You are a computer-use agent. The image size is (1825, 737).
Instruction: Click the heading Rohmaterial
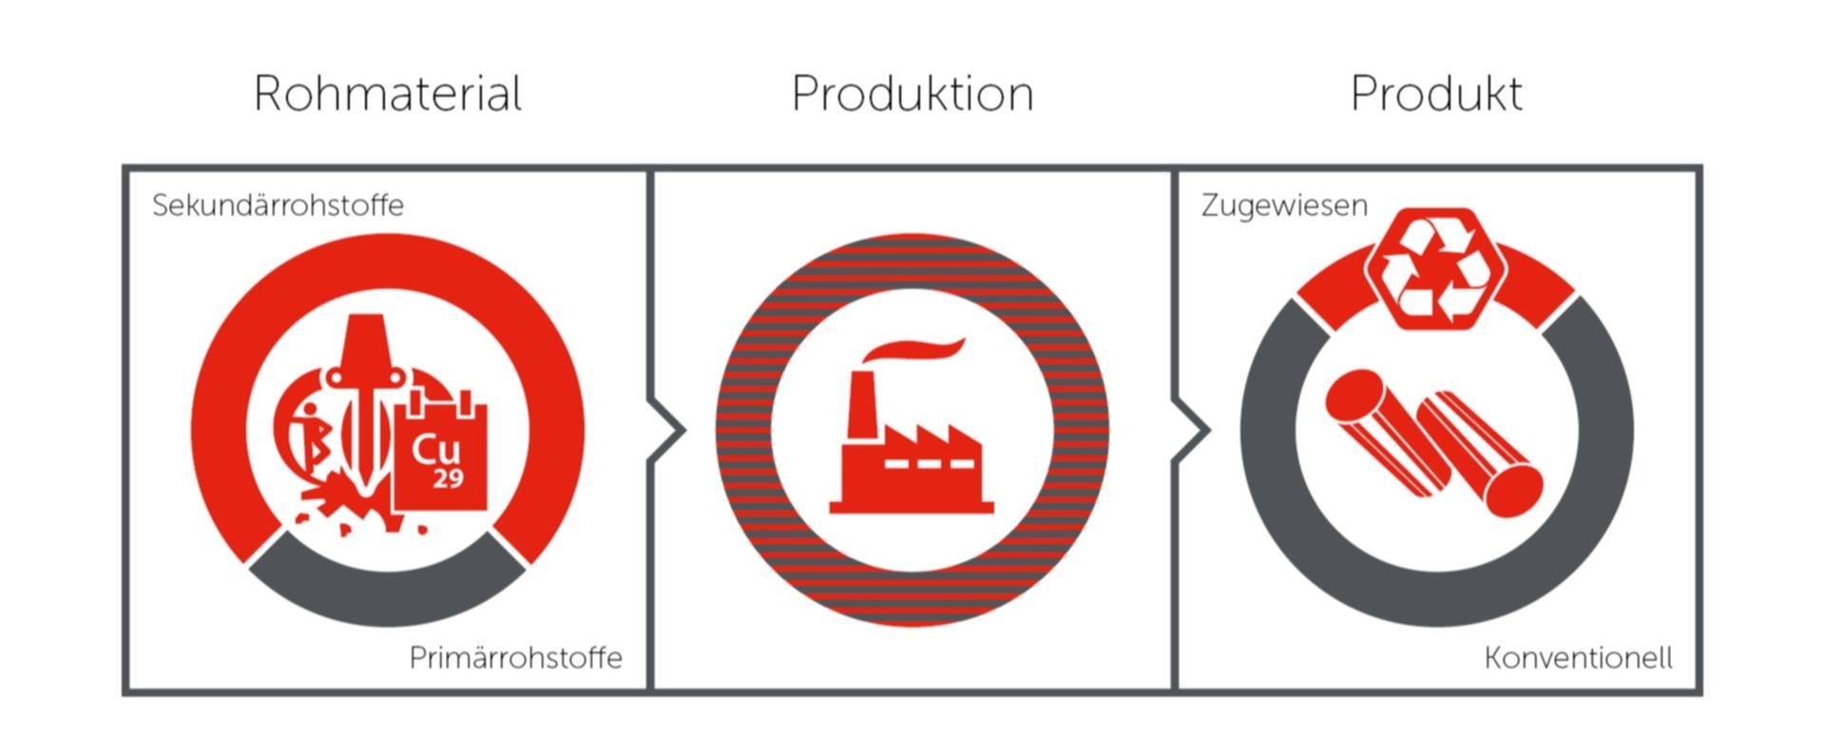(388, 94)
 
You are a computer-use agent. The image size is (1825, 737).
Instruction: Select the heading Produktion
(912, 94)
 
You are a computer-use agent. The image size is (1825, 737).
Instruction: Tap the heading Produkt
(1436, 94)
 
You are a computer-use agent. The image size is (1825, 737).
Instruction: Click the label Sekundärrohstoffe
(278, 205)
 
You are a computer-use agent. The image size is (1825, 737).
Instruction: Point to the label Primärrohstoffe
(515, 657)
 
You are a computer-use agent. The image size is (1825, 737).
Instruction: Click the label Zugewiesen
(1284, 205)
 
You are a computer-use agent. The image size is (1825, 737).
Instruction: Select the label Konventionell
(1578, 657)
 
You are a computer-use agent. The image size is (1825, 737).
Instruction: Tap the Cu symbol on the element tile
(436, 449)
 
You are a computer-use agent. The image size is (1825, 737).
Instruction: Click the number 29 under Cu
(448, 478)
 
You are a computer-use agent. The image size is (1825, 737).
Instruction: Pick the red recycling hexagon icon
(1436, 269)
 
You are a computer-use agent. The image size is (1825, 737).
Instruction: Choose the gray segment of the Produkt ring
(1436, 600)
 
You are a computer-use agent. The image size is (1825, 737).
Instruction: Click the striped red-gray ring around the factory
(912, 262)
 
